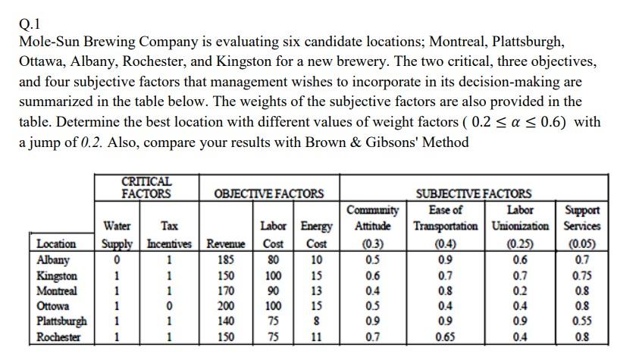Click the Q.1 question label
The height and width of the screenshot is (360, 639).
click(30, 21)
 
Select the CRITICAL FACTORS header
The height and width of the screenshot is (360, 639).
click(146, 187)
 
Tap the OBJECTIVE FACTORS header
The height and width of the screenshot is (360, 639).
click(269, 194)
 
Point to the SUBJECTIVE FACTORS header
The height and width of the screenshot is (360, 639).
click(480, 194)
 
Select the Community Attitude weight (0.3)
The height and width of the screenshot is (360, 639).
click(372, 244)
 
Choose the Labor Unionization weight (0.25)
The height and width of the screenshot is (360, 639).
click(520, 244)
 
